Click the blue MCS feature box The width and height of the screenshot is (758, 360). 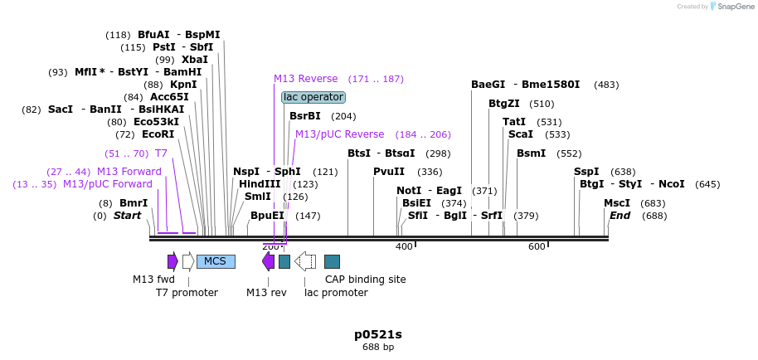(216, 261)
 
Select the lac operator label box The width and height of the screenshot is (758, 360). (313, 97)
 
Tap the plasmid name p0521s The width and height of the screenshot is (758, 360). (378, 334)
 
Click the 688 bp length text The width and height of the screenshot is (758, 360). (378, 348)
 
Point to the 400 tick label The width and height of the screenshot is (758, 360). (404, 246)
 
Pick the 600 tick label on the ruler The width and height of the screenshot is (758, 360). (537, 246)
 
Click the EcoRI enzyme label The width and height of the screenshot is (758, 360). (158, 134)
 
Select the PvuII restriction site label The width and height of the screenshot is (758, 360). (389, 172)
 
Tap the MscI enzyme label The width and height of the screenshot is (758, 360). (616, 203)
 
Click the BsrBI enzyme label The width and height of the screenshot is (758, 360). (305, 116)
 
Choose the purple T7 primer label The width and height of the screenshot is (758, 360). (161, 153)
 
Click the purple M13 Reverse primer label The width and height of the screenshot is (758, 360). (306, 79)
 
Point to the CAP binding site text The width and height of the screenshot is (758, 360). (365, 280)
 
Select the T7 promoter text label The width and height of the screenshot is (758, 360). (187, 293)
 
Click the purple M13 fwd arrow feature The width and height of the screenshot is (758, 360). (172, 261)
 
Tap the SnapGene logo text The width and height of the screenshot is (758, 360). (731, 7)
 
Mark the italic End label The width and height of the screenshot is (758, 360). (620, 216)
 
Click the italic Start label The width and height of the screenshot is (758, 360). (127, 216)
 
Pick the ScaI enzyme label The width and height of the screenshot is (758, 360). (521, 134)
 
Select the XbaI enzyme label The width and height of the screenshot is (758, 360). (194, 60)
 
